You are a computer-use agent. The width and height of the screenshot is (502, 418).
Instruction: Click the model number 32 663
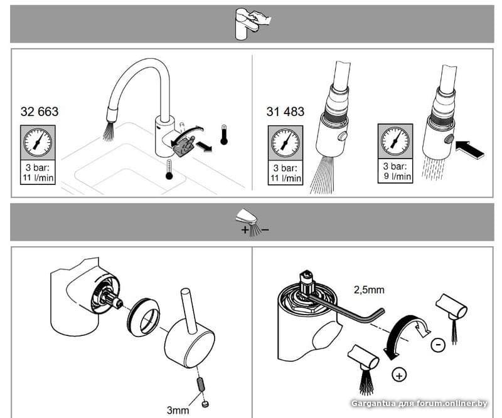[40, 112]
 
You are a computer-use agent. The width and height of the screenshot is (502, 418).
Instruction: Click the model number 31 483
[286, 112]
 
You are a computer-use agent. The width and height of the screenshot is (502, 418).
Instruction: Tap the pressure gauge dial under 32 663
[38, 142]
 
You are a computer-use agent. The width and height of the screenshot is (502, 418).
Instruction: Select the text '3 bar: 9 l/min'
[395, 171]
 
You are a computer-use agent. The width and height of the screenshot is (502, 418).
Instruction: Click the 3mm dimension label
[178, 410]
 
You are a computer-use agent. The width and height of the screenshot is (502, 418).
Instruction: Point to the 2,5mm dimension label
[369, 290]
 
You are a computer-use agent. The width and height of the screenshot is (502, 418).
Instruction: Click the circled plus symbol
[399, 375]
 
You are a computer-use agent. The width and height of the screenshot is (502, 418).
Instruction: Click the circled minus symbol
[438, 345]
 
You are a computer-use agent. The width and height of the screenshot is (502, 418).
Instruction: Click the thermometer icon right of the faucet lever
[224, 135]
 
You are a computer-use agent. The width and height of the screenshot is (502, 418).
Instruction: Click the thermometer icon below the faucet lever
[169, 170]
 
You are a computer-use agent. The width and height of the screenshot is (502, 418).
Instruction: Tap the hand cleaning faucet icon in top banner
[253, 24]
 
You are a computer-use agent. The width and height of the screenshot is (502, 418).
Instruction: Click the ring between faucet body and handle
[144, 317]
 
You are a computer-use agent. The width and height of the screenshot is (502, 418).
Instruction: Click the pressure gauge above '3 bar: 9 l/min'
[395, 141]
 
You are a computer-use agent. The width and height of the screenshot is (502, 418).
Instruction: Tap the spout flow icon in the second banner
[253, 225]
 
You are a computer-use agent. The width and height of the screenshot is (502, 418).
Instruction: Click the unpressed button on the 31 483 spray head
[342, 136]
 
